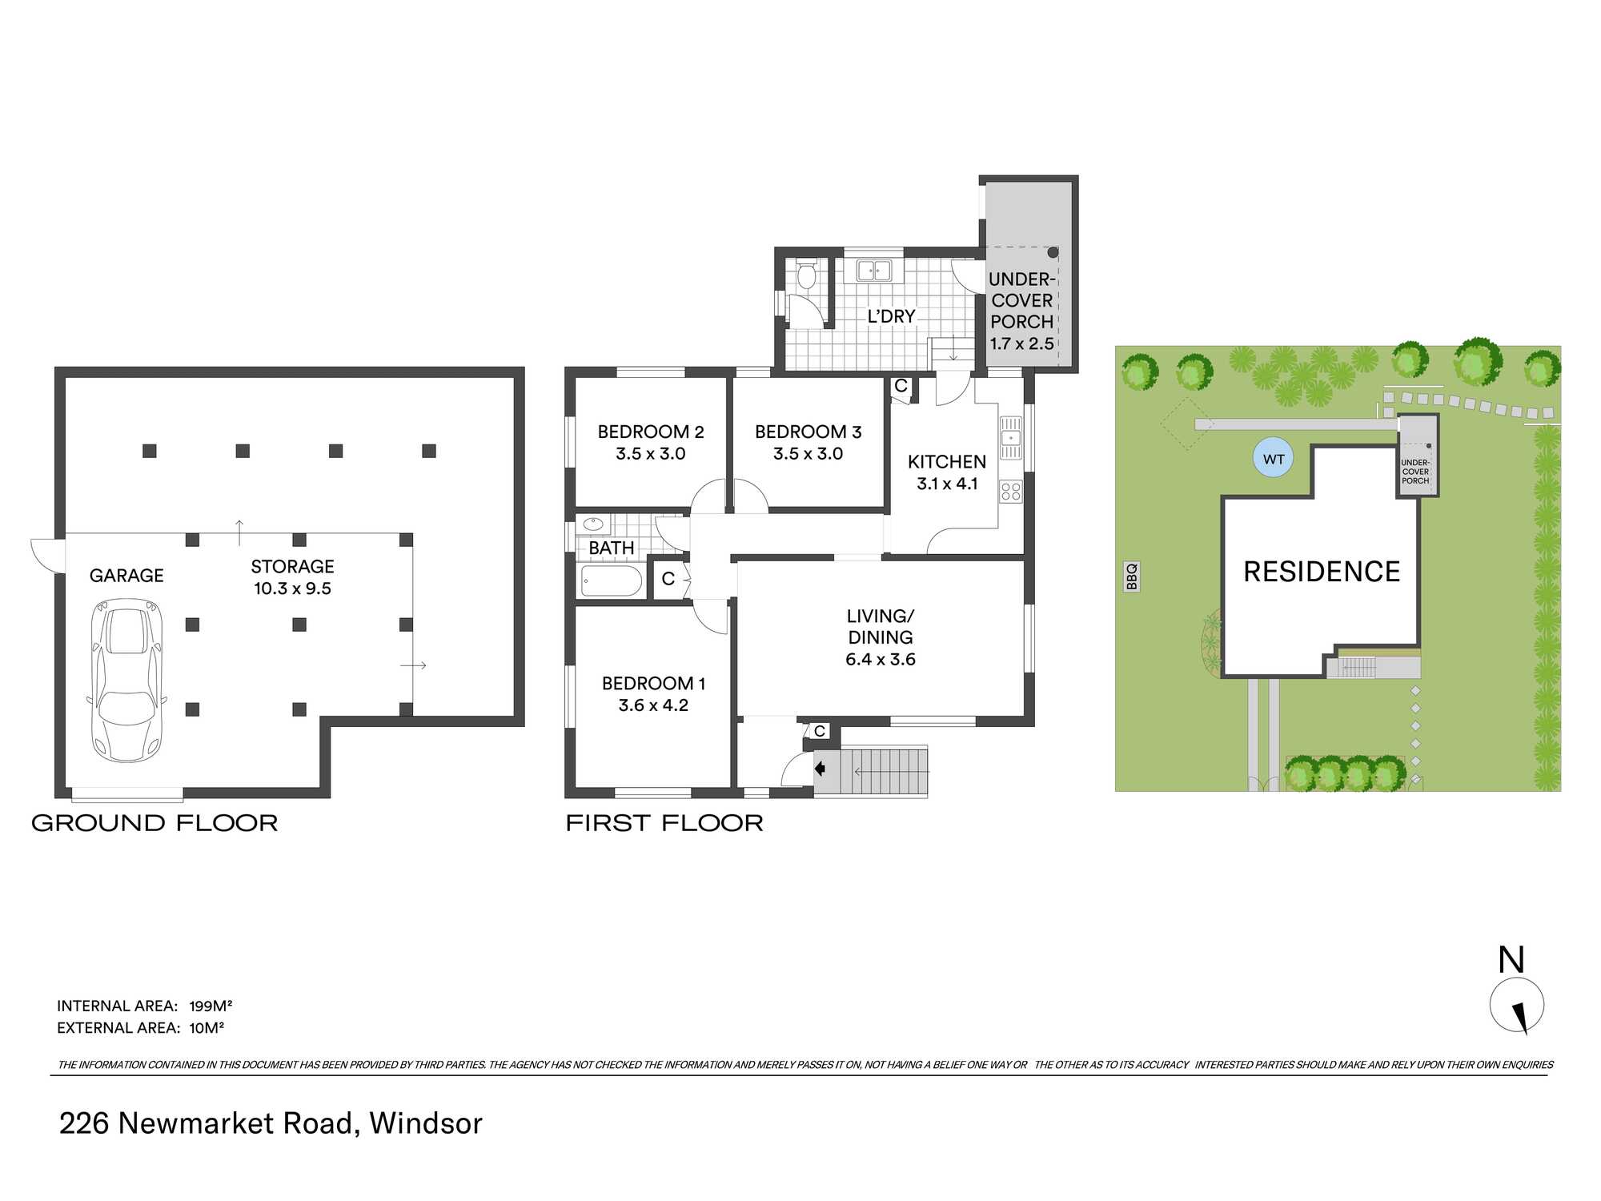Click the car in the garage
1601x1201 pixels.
126,681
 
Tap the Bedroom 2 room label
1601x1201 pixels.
650,432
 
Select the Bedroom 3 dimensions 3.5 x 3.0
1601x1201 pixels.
808,454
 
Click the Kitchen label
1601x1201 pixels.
946,462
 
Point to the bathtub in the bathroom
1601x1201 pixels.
612,581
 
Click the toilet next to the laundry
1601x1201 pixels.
806,275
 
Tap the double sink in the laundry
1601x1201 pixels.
873,271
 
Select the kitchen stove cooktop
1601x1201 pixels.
1011,492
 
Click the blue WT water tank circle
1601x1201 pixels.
1273,459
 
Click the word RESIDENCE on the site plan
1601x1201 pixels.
1322,572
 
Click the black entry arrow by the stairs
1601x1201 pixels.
820,769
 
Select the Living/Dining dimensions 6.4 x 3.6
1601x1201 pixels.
880,660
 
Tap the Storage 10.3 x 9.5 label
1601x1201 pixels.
292,577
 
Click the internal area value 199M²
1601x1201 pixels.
211,1006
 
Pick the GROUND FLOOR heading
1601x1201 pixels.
154,823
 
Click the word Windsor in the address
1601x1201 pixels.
426,1124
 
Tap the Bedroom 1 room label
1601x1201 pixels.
653,684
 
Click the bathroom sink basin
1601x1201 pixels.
592,525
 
